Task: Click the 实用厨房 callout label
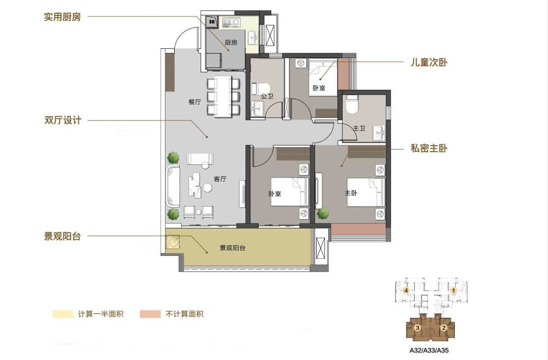[62, 17]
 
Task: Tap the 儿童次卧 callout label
[429, 62]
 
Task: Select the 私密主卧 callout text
[429, 148]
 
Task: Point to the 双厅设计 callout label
[62, 120]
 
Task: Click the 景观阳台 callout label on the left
[62, 236]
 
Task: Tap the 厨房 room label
[231, 42]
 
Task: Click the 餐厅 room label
[195, 102]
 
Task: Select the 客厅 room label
[220, 179]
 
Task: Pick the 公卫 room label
[267, 96]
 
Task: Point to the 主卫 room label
[359, 128]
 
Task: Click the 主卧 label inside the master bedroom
[351, 192]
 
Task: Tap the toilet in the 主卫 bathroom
[351, 104]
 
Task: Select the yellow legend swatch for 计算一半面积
[62, 314]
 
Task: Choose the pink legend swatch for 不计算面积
[150, 314]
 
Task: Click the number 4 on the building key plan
[406, 290]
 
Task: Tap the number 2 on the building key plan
[444, 328]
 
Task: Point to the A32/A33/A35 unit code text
[429, 350]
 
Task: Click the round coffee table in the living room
[208, 188]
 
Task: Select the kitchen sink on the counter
[253, 36]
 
